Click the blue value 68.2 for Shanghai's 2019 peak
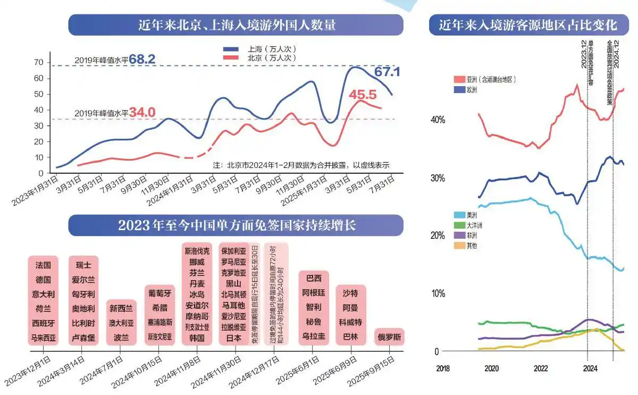(141, 60)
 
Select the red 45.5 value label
(363, 95)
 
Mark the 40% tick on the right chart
(438, 120)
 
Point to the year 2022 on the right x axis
(541, 368)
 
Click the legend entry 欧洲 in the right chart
(472, 90)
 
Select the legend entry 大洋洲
(475, 225)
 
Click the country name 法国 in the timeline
(43, 265)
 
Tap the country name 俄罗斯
(389, 337)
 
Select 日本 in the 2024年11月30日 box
(234, 338)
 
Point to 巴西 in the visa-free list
(314, 279)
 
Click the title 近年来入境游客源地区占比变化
(527, 25)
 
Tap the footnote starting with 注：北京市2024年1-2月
(301, 165)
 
